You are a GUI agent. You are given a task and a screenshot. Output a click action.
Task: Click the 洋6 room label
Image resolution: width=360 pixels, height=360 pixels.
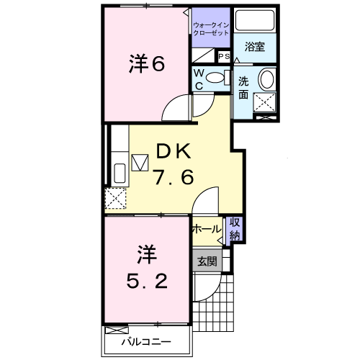pos(148,65)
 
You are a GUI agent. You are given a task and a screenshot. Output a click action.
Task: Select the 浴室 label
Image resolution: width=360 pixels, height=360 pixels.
pos(253,48)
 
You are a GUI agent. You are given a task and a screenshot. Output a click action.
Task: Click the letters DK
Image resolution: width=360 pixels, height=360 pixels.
pos(172,151)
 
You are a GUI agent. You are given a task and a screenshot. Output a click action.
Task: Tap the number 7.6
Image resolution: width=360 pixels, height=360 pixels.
pos(172,178)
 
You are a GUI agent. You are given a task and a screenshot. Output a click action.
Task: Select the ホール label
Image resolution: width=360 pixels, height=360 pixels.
pos(207,228)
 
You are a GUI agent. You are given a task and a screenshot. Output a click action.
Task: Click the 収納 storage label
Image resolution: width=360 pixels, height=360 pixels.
pos(235,228)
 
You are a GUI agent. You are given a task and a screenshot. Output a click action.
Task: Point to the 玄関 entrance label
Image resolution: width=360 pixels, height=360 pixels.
pos(207,261)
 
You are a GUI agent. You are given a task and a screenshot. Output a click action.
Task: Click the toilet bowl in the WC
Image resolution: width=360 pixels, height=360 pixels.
pos(216,79)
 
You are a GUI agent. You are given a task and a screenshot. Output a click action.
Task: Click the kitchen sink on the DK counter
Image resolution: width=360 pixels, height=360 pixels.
pos(119,174)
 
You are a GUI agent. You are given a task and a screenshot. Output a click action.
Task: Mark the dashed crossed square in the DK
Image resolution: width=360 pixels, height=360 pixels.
pos(116,197)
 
